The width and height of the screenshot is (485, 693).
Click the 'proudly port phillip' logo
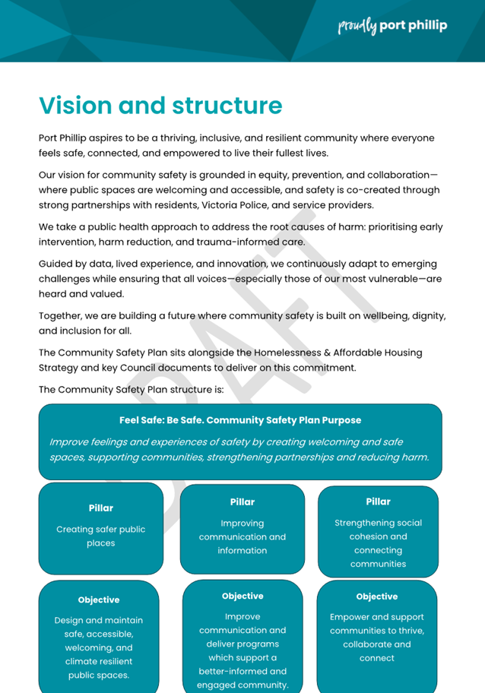coord(391,26)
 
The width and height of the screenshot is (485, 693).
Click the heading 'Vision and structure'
coord(160,105)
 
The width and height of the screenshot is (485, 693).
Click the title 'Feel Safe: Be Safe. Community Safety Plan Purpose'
coord(240,420)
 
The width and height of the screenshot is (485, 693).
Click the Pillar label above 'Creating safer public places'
coord(100,508)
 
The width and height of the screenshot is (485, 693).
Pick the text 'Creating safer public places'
coord(100,536)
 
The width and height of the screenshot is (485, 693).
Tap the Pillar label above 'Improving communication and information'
coord(242,502)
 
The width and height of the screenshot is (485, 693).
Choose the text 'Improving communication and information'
coord(242,536)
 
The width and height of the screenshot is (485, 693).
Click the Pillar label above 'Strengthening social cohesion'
coord(378,502)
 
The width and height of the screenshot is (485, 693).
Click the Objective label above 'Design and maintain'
coord(99,600)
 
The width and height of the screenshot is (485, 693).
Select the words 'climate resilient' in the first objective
coord(99,661)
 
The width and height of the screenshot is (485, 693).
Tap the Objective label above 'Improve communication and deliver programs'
coord(242,596)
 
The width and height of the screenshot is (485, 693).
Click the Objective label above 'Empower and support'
coord(377,596)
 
